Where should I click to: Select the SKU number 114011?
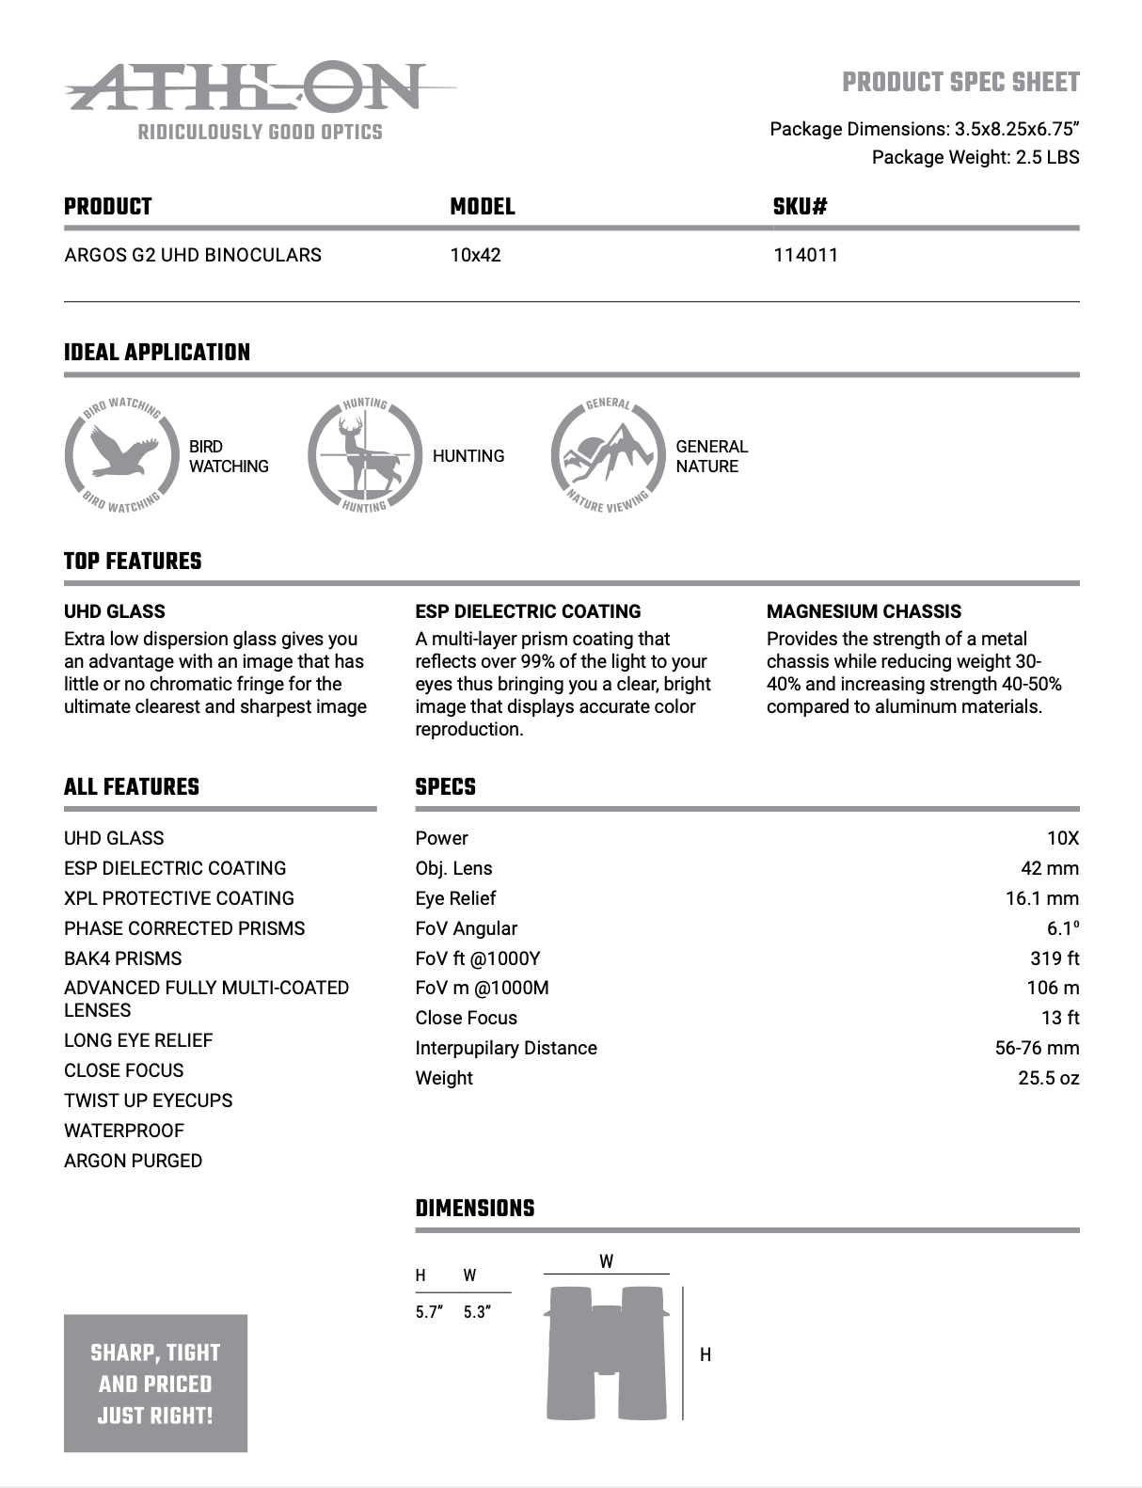(x=805, y=255)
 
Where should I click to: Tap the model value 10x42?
(x=475, y=255)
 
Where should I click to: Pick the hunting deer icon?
(x=365, y=455)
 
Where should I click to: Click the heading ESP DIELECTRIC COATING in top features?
(x=528, y=611)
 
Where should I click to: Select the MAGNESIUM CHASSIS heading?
(x=864, y=611)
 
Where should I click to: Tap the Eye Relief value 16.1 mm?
(x=1041, y=898)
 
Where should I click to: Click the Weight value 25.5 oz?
(x=1048, y=1078)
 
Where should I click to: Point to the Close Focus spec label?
(x=466, y=1018)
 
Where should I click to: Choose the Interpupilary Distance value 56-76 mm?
(x=1037, y=1048)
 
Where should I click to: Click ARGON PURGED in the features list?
(x=133, y=1161)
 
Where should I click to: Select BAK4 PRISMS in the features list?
(x=122, y=958)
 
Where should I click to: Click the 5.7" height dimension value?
(x=428, y=1312)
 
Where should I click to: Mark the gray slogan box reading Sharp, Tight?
(x=155, y=1383)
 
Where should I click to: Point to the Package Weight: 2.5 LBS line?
(x=975, y=157)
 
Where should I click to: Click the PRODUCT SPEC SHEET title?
(x=960, y=83)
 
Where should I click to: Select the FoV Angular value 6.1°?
(x=1063, y=928)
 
